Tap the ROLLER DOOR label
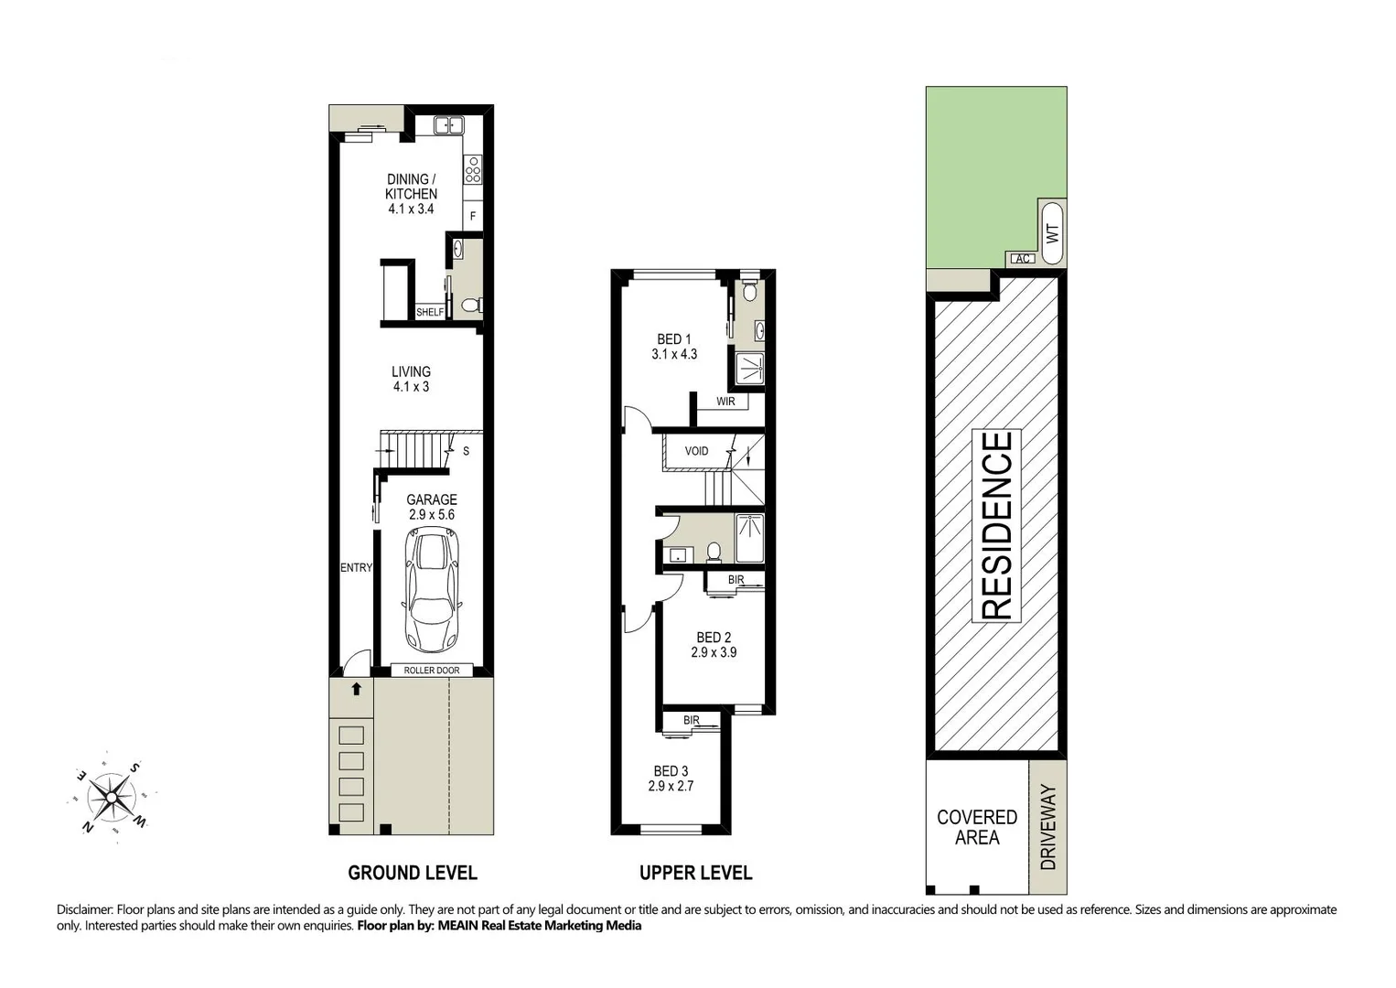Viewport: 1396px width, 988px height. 432,671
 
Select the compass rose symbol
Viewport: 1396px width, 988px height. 111,798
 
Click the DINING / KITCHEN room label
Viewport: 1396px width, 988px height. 411,193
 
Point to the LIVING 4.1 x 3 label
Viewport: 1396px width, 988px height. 411,379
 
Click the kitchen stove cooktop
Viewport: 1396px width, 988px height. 473,169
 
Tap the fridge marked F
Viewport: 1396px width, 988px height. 473,217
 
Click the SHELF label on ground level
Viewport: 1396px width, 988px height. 430,312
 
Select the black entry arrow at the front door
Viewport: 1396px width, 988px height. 356,689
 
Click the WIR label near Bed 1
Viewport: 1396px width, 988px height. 725,402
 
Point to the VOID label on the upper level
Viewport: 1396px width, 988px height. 696,451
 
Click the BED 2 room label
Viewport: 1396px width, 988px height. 714,645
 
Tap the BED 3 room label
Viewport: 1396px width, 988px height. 671,779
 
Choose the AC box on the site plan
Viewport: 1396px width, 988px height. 1023,259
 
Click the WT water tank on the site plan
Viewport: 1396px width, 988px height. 1051,233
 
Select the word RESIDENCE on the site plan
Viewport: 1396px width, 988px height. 997,525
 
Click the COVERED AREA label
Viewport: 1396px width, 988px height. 977,827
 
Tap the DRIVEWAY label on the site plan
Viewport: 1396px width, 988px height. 1048,827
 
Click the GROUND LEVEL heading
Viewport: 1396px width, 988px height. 413,873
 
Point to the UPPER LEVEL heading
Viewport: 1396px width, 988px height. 695,873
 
